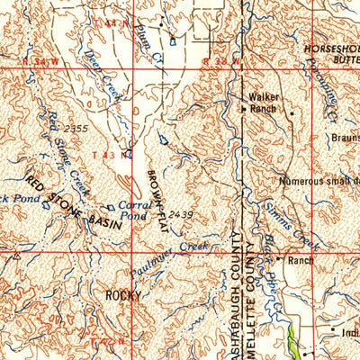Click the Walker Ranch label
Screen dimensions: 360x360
pyautogui.click(x=263, y=103)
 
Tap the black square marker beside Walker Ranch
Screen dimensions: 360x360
pyautogui.click(x=244, y=110)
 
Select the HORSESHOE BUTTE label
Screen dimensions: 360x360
pyautogui.click(x=332, y=51)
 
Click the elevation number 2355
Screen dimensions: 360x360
pyautogui.click(x=77, y=130)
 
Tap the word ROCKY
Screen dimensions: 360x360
pyautogui.click(x=124, y=294)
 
